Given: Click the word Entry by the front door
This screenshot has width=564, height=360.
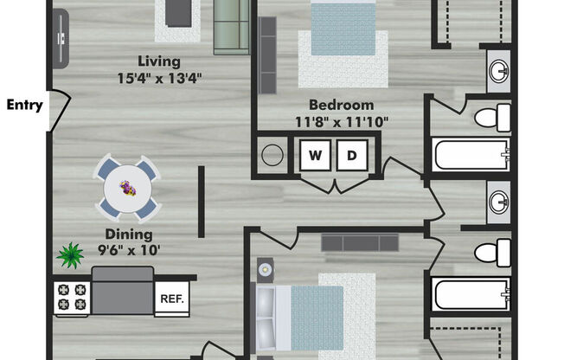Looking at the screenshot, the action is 25,105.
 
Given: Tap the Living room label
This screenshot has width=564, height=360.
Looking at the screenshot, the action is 159,61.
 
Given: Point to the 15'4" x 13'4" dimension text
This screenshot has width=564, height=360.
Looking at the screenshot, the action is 159,78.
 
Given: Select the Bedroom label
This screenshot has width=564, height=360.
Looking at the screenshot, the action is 342,105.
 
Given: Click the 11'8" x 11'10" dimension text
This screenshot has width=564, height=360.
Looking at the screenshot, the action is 342,122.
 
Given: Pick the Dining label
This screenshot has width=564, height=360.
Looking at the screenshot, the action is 129,235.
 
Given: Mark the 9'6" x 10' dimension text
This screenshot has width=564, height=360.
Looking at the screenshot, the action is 129,250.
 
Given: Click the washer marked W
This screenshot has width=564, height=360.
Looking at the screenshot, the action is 315,155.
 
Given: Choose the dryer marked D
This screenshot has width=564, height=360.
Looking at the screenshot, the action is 352,155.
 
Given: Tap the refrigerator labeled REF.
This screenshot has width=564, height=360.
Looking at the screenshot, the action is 172,299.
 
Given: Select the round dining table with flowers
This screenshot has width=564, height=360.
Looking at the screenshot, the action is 128,189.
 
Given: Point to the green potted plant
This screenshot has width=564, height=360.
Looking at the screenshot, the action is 70,255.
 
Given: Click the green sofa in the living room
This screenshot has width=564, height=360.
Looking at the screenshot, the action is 232,27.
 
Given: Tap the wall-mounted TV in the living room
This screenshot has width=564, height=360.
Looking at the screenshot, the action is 61,38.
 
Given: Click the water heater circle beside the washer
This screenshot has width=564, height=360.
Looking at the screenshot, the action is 272,155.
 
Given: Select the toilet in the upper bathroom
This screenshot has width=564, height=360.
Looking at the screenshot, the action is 492,118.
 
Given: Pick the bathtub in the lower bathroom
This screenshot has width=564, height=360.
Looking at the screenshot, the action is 472,293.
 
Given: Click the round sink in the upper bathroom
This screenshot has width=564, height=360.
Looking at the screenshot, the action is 499,71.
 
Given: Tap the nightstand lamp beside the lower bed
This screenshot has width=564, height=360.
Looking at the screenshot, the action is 265,269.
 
